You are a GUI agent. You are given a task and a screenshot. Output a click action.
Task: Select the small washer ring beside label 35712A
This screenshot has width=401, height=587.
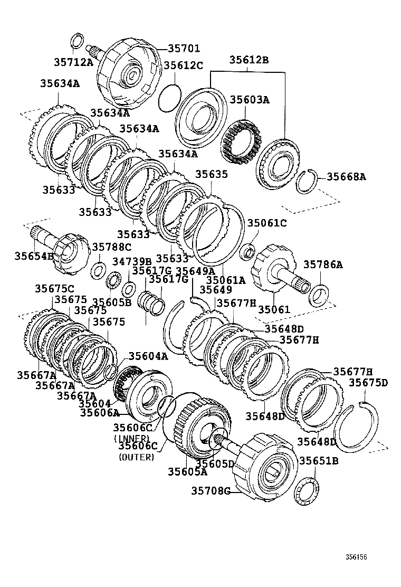click(x=77, y=40)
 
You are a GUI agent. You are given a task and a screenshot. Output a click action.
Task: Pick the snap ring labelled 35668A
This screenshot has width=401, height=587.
click(x=305, y=183)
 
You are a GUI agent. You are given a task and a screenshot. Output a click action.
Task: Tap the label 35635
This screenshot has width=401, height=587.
click(x=212, y=174)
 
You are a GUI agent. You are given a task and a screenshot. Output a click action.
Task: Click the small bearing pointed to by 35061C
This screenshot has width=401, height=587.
click(x=247, y=251)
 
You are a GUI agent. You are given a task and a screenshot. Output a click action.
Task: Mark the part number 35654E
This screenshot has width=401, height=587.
click(x=34, y=255)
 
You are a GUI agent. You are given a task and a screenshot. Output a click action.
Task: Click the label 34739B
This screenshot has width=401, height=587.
click(x=132, y=261)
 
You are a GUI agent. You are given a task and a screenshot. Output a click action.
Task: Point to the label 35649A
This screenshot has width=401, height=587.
click(x=195, y=271)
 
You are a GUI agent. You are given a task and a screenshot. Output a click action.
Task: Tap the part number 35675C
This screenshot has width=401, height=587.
click(x=55, y=289)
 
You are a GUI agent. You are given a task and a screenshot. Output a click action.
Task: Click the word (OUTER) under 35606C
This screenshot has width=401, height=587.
click(x=137, y=457)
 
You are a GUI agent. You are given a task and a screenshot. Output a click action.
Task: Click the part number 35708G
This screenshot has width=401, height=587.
click(x=211, y=491)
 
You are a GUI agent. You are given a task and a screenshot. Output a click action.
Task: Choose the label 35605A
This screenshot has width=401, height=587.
click(x=187, y=471)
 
